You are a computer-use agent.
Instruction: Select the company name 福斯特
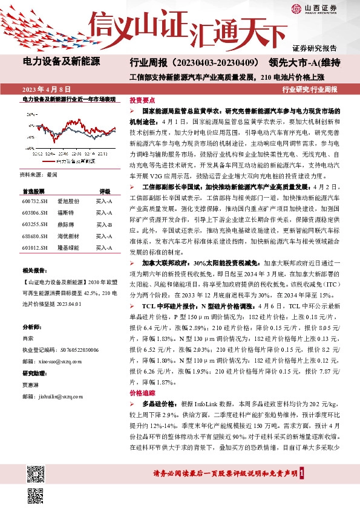65,213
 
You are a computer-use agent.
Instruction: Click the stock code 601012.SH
35,248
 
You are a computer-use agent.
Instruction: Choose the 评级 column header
105,190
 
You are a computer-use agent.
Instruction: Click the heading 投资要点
142,100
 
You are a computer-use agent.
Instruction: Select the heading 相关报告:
35,271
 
